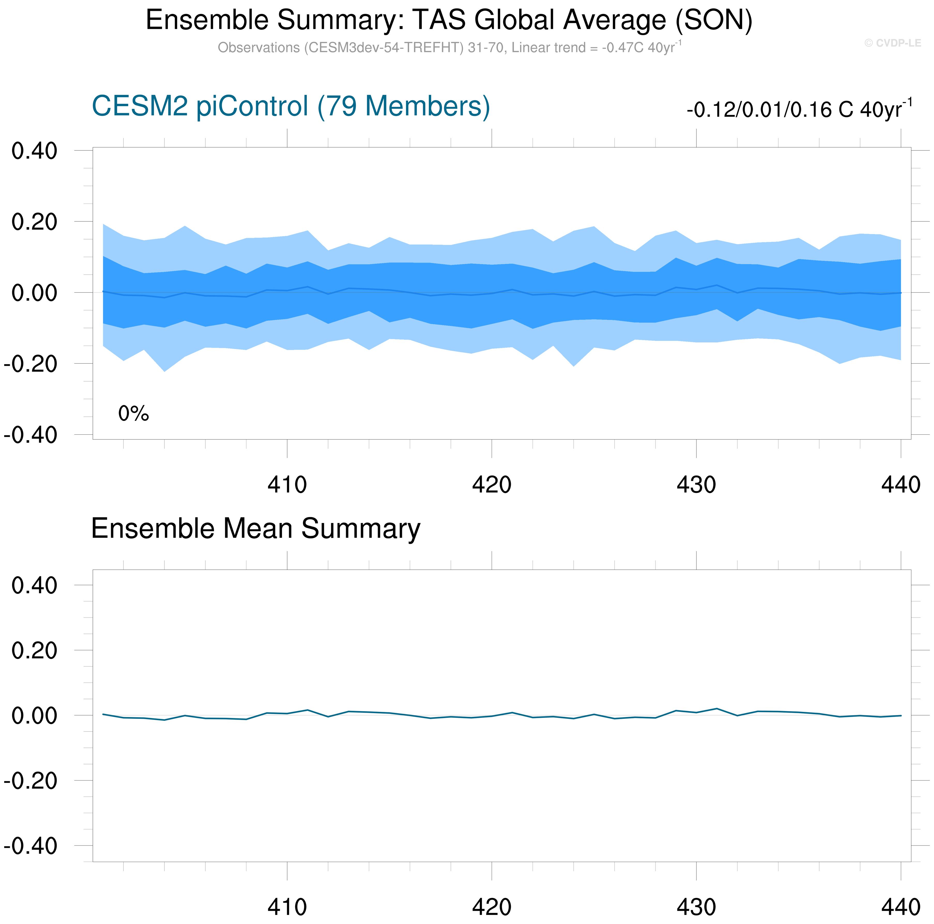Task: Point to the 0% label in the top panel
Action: pos(133,414)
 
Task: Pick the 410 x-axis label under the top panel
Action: pos(287,485)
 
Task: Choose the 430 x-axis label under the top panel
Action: pos(696,485)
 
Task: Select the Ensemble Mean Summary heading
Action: pos(255,528)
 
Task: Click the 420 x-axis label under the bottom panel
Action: pos(492,907)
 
